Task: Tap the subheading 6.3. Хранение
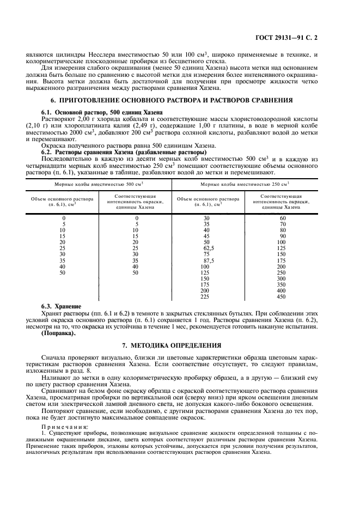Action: [61, 307]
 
